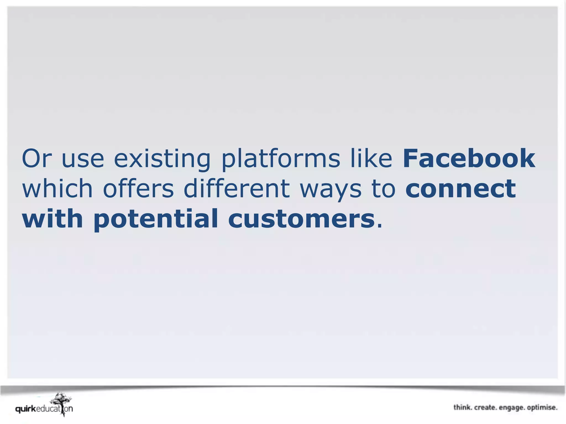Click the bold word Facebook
[469, 158]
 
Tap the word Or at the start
[36, 158]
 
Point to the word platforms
[281, 159]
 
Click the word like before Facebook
[371, 158]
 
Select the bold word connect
[460, 189]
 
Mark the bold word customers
[301, 219]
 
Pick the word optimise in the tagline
[542, 408]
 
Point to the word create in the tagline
[485, 407]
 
